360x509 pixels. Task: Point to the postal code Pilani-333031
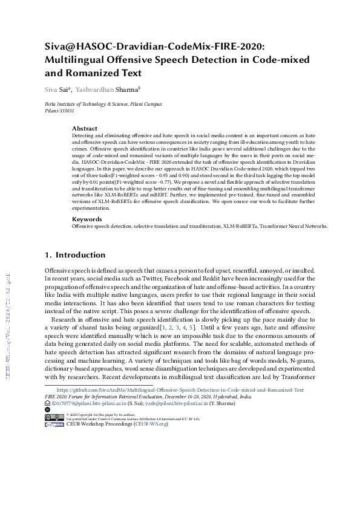pyautogui.click(x=60, y=111)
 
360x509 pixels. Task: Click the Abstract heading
pyautogui.click(x=85, y=128)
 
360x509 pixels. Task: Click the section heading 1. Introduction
pyautogui.click(x=79, y=255)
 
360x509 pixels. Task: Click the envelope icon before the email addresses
pyautogui.click(x=48, y=402)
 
